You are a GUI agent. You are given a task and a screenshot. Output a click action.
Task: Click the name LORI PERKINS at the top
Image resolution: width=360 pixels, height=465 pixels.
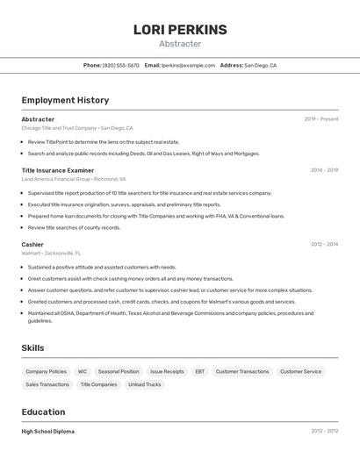click(180, 30)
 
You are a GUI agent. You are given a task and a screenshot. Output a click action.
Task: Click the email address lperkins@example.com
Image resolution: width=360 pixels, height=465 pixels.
click(188, 65)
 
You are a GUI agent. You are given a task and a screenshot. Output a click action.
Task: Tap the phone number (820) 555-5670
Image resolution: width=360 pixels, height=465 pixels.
click(121, 65)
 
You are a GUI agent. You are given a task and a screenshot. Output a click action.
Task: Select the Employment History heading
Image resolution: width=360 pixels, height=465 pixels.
click(65, 100)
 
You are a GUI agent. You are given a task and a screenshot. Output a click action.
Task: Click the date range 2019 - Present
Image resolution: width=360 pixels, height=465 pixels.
click(321, 119)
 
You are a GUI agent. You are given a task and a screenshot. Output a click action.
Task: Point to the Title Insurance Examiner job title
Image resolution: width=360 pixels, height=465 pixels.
click(58, 170)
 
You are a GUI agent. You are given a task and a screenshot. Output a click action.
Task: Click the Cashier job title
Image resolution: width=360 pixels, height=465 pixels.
click(32, 245)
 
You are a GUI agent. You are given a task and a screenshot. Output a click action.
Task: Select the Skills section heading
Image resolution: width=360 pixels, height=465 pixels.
click(32, 348)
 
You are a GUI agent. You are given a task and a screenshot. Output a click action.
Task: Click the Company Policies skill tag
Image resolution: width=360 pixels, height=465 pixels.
click(46, 371)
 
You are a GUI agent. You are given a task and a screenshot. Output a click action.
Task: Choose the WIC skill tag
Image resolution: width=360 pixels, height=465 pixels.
click(83, 371)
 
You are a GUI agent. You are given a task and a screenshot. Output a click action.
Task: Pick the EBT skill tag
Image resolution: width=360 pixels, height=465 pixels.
click(199, 371)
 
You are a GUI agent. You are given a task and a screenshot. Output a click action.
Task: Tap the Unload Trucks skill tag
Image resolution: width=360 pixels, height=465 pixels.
click(144, 384)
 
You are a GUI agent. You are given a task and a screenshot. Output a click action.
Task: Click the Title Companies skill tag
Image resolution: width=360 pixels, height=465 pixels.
click(98, 384)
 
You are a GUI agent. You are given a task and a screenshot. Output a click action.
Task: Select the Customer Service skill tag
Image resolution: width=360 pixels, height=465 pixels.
click(300, 371)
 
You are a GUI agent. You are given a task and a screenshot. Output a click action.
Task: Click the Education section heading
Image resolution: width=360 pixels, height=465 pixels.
click(43, 411)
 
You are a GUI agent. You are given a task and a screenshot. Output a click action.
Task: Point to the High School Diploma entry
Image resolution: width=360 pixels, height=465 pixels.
click(48, 432)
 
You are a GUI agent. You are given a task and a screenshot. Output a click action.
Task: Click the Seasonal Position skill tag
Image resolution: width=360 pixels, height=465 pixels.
click(119, 371)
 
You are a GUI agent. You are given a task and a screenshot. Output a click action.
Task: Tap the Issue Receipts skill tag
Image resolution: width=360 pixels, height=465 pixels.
click(167, 371)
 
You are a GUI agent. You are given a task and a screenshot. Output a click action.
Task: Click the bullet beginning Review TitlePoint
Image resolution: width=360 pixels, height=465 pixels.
click(104, 141)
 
